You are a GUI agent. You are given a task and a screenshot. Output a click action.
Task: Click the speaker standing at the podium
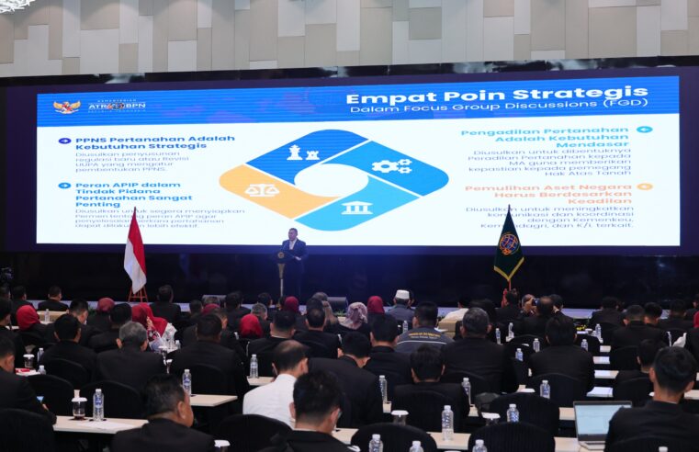pos(293,252)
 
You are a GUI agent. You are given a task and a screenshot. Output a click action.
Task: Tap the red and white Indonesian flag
pos(134,254)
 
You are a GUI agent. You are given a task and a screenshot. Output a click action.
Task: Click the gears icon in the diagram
pos(391,166)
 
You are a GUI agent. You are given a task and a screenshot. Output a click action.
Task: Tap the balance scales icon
pos(261,190)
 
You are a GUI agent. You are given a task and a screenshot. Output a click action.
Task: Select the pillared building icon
pos(356,208)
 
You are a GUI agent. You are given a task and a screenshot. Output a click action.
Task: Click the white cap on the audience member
pos(401,295)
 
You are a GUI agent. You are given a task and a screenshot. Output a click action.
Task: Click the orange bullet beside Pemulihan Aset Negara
pos(645,186)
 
